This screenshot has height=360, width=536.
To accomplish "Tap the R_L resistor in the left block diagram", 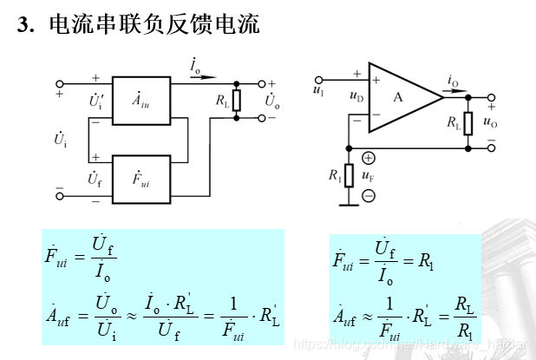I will (237, 100).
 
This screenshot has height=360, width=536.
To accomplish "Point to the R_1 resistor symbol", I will (348, 174).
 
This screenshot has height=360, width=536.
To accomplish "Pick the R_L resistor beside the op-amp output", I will (468, 122).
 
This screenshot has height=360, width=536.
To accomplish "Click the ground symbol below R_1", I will (348, 204).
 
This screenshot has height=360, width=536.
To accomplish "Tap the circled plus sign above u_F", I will (368, 159).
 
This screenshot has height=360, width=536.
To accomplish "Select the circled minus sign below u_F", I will (368, 195).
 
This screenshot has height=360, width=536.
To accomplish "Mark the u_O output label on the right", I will (491, 121).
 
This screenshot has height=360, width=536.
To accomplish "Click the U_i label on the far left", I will (61, 138).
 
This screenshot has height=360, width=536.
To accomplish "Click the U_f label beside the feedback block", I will (96, 179).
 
